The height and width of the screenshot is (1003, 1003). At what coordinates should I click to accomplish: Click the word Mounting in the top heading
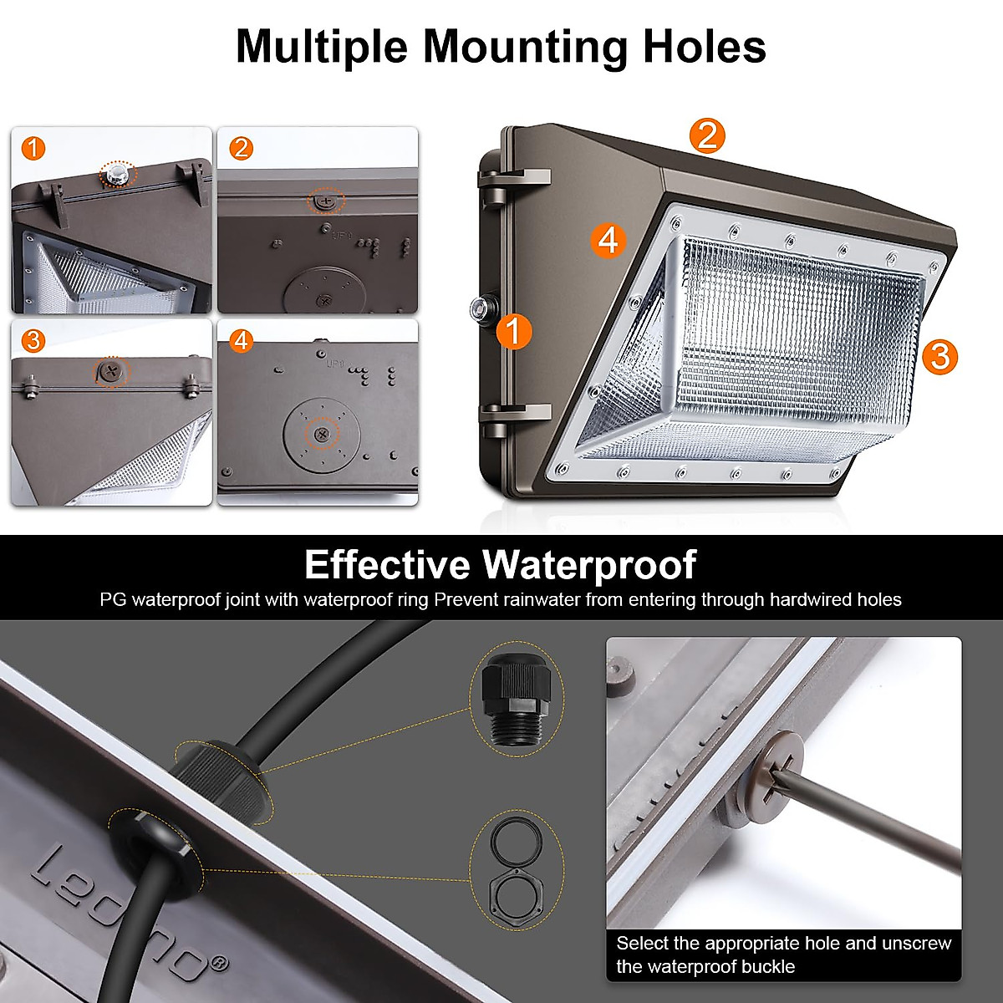[x=523, y=47]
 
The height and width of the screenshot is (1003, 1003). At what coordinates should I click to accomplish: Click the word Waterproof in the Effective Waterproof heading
[x=589, y=565]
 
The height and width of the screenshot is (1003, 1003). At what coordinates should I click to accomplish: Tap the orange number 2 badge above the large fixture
[x=707, y=135]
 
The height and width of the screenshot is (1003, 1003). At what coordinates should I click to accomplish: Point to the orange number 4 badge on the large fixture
[x=608, y=240]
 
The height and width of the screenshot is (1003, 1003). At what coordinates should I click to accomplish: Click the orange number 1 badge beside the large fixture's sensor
[x=513, y=331]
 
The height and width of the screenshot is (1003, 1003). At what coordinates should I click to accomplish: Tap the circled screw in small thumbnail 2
[x=326, y=201]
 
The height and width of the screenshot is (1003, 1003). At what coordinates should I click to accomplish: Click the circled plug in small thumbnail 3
[x=110, y=372]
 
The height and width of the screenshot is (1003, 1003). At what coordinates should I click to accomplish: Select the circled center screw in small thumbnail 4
[x=321, y=434]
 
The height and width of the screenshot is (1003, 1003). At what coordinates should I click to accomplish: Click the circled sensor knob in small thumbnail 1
[x=117, y=176]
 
